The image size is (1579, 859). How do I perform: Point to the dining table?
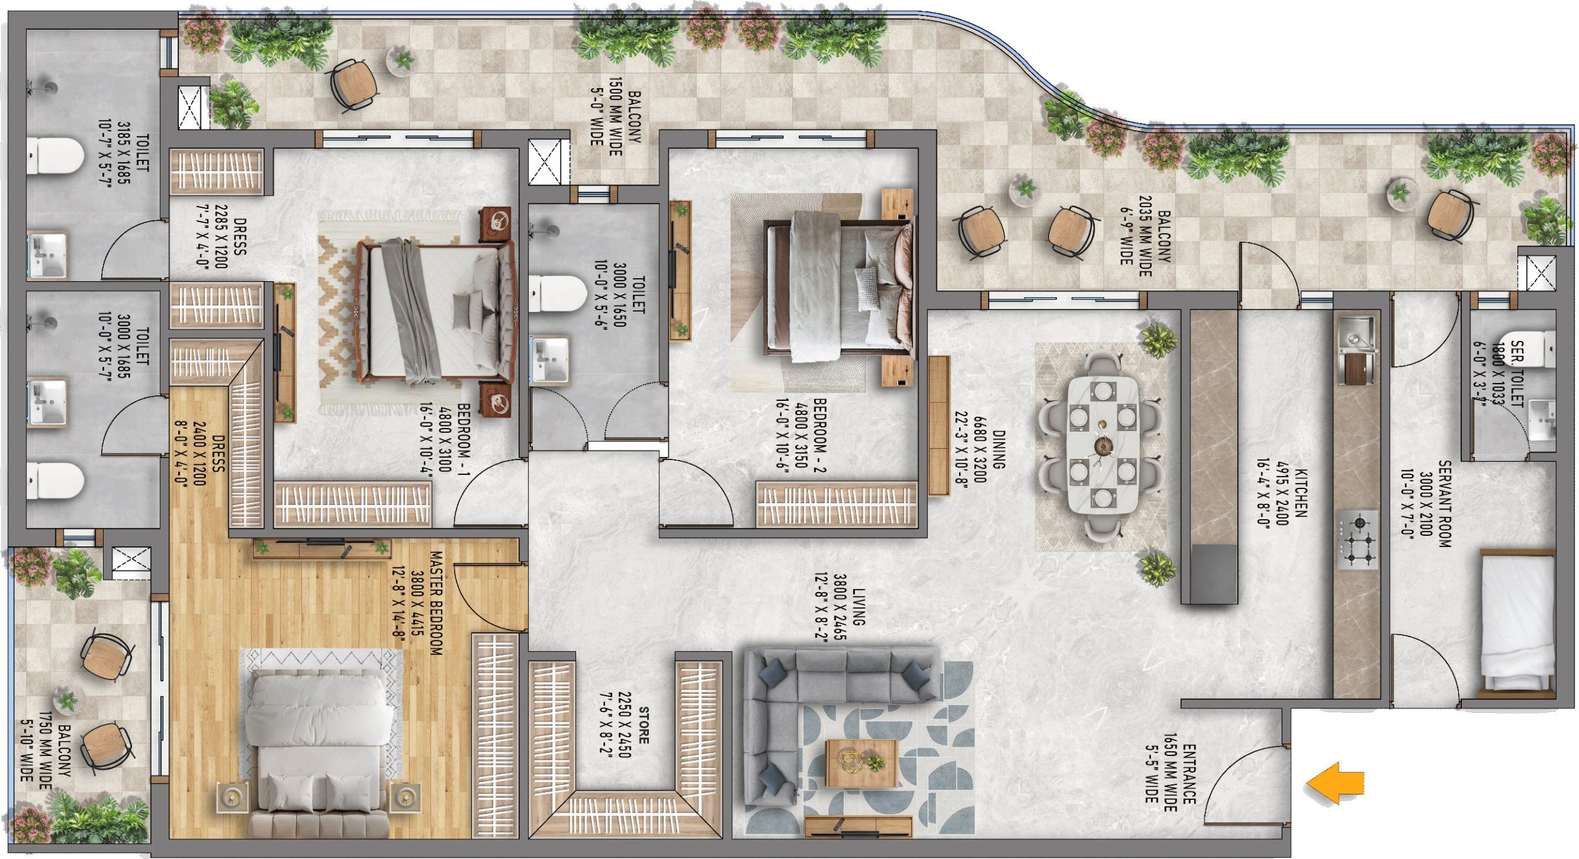[x=1103, y=444]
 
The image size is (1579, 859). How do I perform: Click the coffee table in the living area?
[x=862, y=763]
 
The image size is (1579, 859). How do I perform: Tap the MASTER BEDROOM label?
[x=436, y=603]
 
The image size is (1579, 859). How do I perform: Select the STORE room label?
[x=643, y=725]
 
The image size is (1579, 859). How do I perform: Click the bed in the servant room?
[x=1519, y=623]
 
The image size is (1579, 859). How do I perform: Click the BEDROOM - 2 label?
[x=820, y=435]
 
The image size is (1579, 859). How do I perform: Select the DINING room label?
[x=999, y=450]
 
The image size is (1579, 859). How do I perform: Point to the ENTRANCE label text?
[x=1189, y=774]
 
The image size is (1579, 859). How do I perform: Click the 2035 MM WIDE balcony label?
[x=1145, y=236]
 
